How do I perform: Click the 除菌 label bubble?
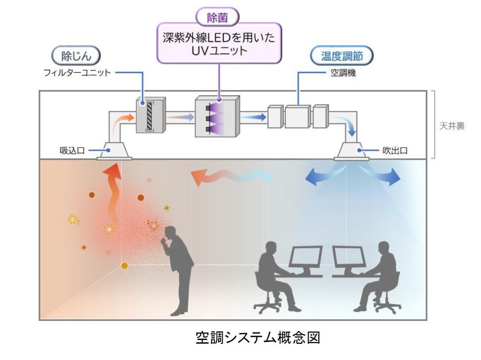click(x=217, y=17)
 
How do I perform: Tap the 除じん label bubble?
click(x=75, y=56)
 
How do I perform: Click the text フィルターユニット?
click(x=77, y=72)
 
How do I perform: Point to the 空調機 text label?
click(x=343, y=73)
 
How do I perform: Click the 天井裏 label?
click(x=452, y=126)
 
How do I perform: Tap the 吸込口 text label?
click(x=72, y=151)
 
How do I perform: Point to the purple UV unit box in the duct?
click(x=217, y=116)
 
